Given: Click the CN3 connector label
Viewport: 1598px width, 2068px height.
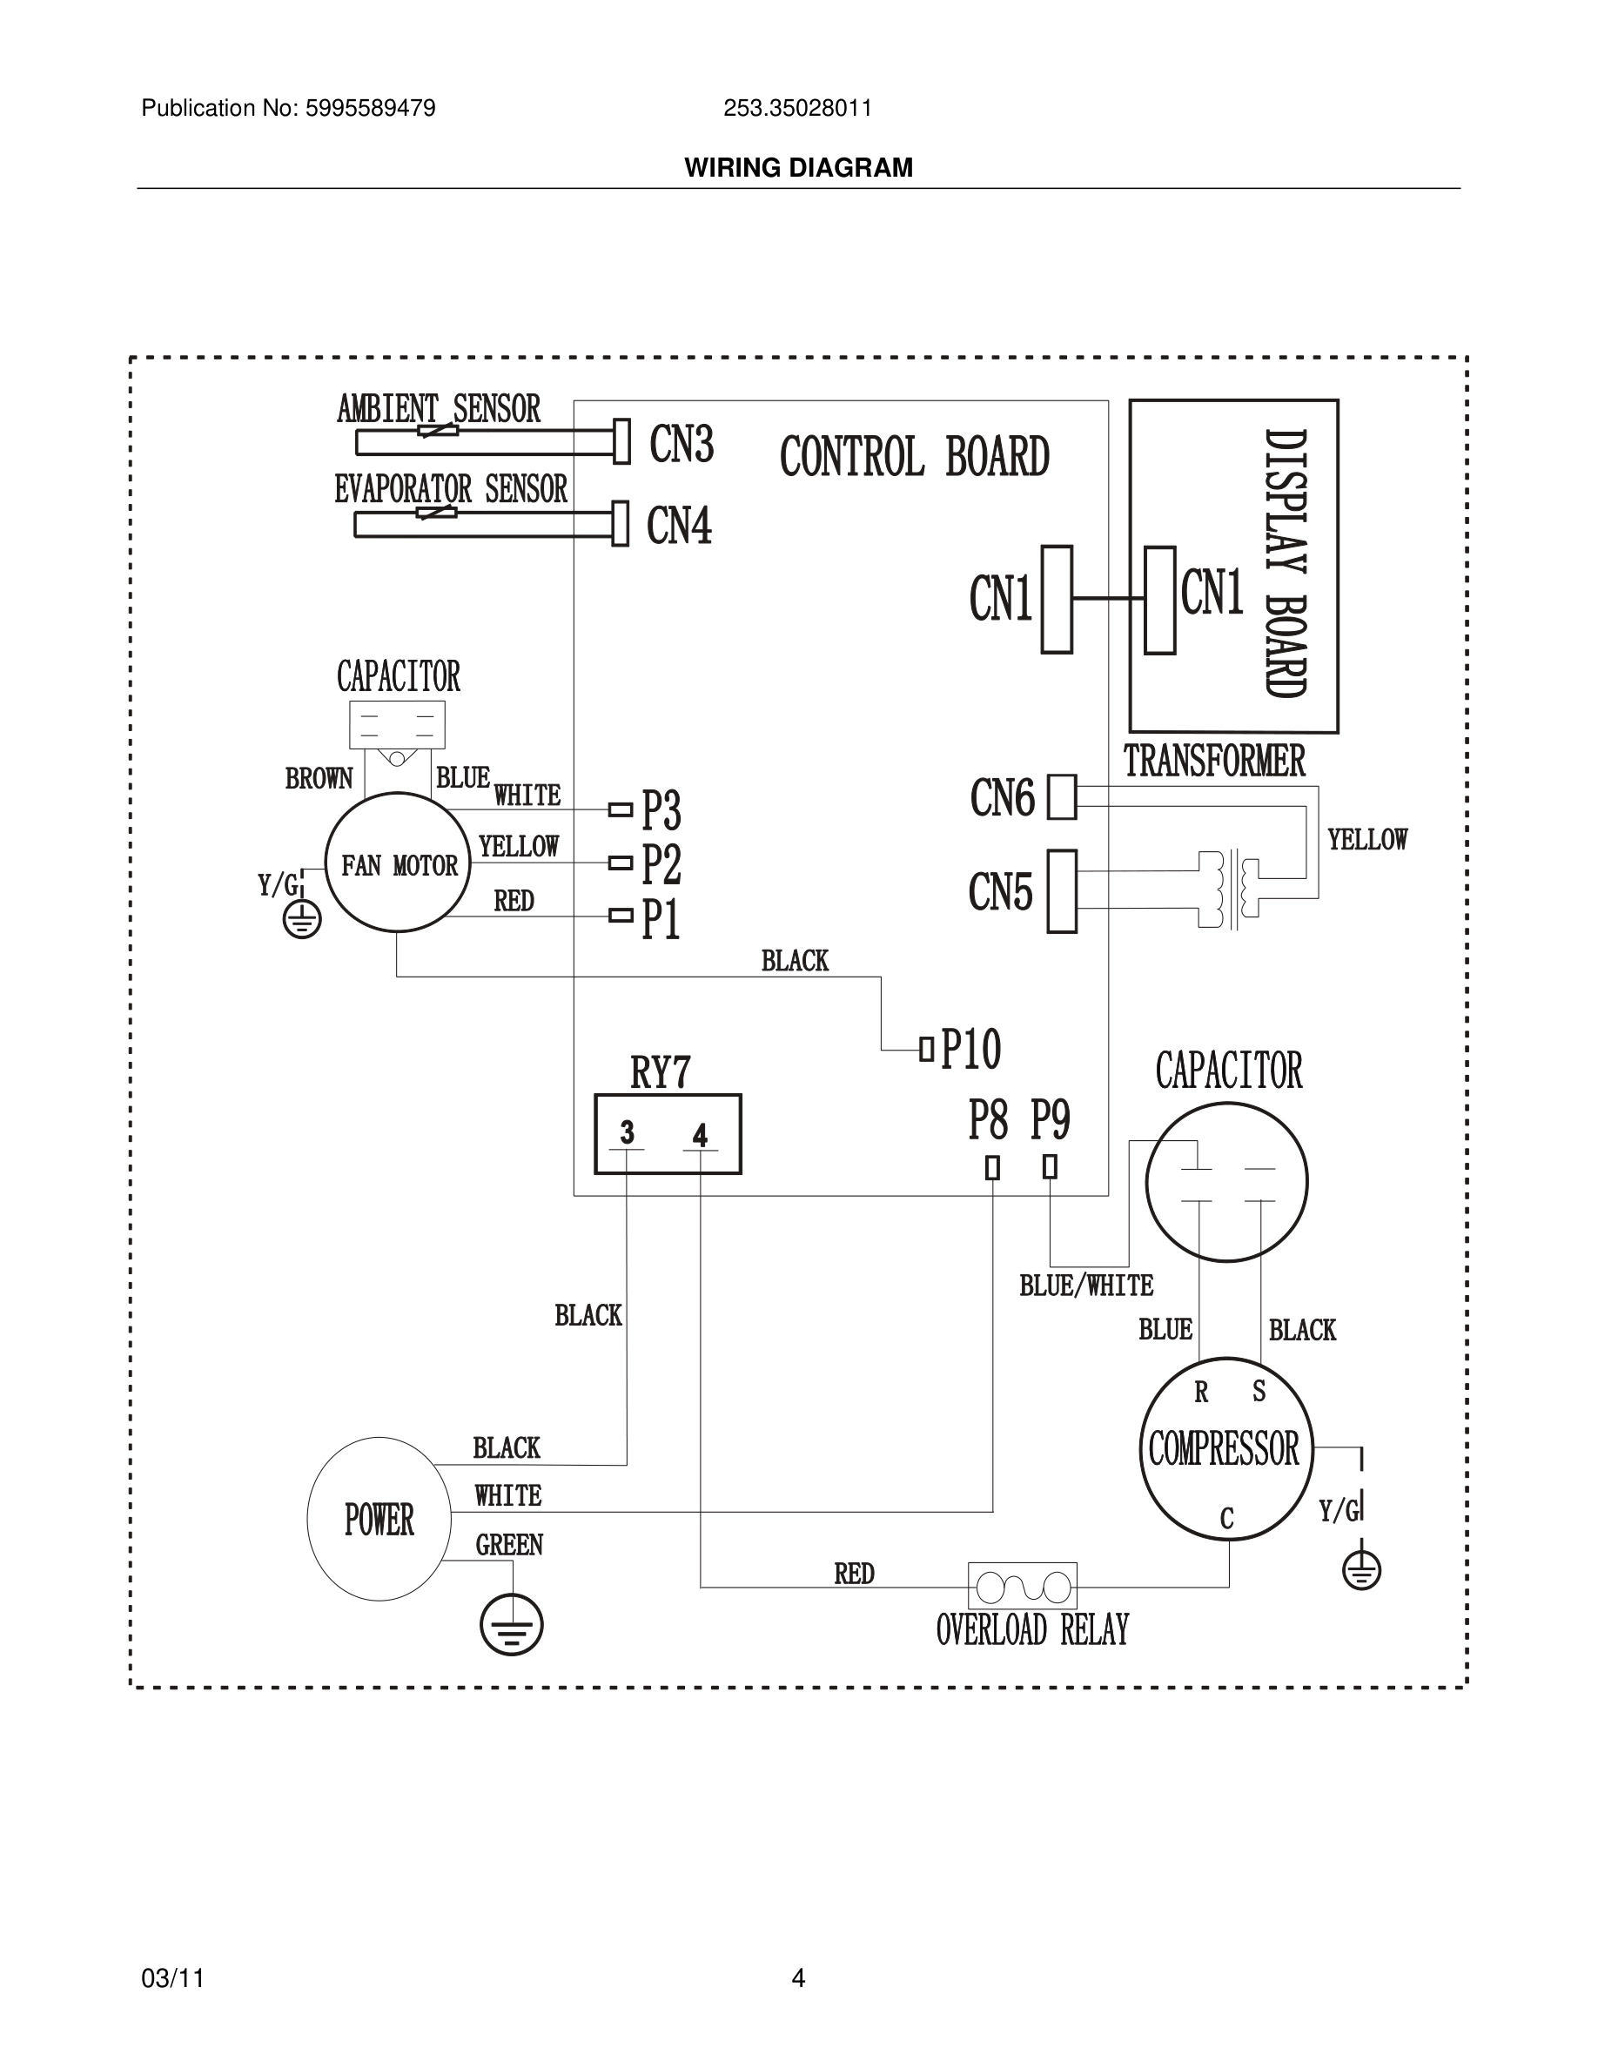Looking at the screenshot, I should [681, 444].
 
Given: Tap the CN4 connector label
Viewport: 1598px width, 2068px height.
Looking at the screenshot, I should [678, 526].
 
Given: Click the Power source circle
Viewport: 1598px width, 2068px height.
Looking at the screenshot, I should [379, 1520].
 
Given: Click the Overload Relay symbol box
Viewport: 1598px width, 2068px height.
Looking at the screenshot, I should [1023, 1586].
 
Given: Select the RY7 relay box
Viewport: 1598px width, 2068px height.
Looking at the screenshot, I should [668, 1133].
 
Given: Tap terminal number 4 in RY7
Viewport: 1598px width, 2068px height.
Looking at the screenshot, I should [700, 1135].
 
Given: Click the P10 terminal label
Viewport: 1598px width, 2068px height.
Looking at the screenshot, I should [970, 1049].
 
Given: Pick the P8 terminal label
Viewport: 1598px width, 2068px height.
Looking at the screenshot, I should [987, 1120].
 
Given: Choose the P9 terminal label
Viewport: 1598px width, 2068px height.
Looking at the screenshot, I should [1050, 1120].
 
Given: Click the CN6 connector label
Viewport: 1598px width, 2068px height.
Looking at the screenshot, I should [1003, 798].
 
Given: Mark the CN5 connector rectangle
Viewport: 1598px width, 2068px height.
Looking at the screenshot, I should [1062, 891].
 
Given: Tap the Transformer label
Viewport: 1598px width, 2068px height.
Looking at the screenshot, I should [1213, 762].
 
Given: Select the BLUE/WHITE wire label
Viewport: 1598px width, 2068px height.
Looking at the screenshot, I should [1086, 1286].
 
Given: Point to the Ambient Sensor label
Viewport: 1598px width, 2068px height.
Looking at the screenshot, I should [439, 409].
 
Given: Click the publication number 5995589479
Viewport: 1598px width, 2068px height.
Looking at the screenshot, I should [370, 109].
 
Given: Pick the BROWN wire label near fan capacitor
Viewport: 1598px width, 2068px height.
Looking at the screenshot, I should [319, 778].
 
